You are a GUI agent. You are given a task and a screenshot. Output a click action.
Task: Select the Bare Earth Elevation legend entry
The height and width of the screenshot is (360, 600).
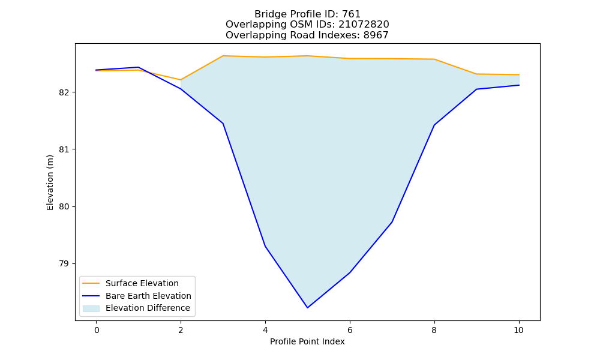coord(137,296)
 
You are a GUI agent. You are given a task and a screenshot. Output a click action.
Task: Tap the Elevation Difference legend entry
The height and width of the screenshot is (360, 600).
coord(136,308)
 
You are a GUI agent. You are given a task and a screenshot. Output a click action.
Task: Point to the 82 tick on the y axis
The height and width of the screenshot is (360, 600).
coord(64,92)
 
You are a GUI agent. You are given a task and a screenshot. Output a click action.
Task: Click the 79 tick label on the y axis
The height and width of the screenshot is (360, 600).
coord(64,263)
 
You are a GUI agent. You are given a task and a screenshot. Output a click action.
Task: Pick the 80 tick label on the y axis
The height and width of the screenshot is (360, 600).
coord(64,206)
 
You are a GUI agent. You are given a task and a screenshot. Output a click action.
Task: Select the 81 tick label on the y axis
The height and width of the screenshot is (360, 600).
coord(64,149)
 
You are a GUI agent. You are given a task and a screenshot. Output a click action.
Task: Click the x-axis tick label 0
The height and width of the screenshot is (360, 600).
coord(97,330)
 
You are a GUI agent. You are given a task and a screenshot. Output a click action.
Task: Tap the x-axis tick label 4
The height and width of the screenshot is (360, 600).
coord(265,330)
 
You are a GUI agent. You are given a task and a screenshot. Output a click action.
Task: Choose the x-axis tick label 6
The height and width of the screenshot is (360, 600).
coord(350,330)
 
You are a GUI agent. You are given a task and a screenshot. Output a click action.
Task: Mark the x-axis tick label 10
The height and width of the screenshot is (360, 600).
coord(518,330)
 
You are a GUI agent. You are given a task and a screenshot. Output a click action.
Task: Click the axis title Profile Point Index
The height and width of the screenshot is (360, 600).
coord(307,341)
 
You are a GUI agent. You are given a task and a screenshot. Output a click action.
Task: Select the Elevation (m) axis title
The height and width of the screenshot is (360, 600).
coord(50,182)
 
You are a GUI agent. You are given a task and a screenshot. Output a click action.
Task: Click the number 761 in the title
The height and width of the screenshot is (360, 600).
coord(351,14)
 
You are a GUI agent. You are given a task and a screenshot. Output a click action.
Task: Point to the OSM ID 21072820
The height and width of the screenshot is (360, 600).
coord(364,25)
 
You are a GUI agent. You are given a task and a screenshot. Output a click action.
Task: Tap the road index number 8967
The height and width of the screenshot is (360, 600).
coord(376,35)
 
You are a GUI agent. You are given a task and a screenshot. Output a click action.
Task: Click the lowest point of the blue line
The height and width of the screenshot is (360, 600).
coord(307,308)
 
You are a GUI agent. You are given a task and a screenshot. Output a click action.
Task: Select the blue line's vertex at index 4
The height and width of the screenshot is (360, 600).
coord(265,246)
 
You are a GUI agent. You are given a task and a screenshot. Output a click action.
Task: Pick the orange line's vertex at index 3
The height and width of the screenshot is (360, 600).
coord(223,56)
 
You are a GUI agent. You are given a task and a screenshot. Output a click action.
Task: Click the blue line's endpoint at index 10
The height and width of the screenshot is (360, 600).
coord(519,85)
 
